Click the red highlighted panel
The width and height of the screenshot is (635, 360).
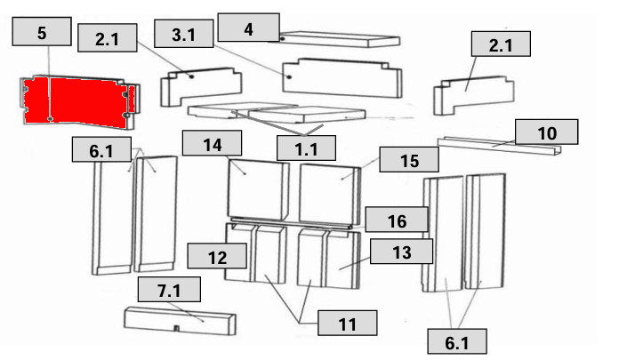pos(76,100)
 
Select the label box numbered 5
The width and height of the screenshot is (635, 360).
pos(41,33)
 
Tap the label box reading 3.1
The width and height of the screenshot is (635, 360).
pos(184,36)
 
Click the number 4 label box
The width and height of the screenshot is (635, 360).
pos(248,28)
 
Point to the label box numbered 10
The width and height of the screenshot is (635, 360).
pos(547,132)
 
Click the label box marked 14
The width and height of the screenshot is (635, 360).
pos(213,143)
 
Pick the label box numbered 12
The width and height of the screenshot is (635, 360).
pos(217,258)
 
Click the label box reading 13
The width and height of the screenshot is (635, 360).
pos(401,252)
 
